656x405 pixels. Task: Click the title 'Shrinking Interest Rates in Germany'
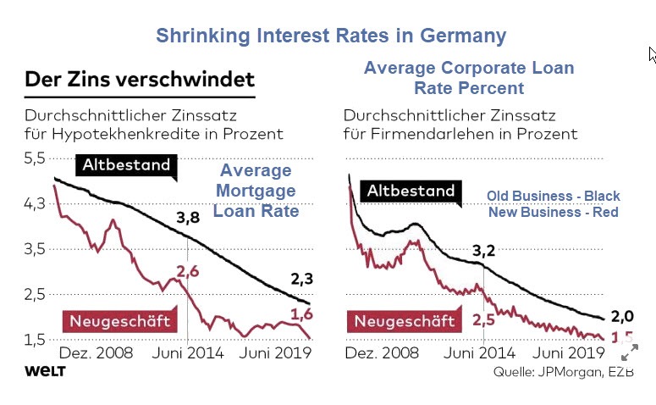tap(331, 36)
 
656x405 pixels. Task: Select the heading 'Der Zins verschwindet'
tap(140, 80)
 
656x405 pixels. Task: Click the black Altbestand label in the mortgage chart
tap(125, 164)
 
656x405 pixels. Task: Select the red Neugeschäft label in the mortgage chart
tap(119, 320)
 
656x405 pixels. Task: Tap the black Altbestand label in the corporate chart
tap(411, 191)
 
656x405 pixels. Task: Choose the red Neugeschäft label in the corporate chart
tap(404, 320)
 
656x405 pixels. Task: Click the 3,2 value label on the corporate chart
tap(482, 250)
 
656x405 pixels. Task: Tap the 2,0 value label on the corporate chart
tap(623, 316)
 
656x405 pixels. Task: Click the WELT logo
tap(46, 370)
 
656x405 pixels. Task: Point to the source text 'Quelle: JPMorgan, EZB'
tap(563, 372)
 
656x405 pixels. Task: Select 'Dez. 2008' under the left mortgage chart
tap(94, 352)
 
